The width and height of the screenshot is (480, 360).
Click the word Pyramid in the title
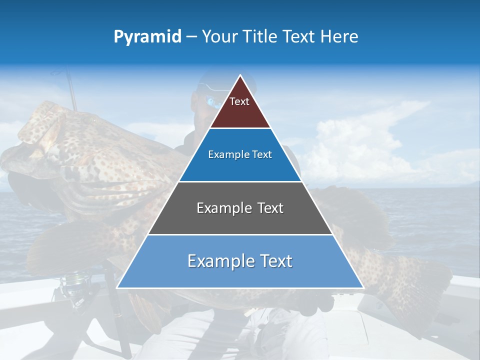pos(147,37)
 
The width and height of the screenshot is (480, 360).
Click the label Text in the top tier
pos(239,101)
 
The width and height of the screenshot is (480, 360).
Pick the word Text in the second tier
pos(262,155)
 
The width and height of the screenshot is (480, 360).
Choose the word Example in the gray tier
pos(223,208)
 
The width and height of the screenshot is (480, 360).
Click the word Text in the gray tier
pos(270,208)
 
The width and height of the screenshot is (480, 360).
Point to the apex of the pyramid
pos(240,76)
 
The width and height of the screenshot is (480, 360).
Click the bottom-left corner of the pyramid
pos(117,287)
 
